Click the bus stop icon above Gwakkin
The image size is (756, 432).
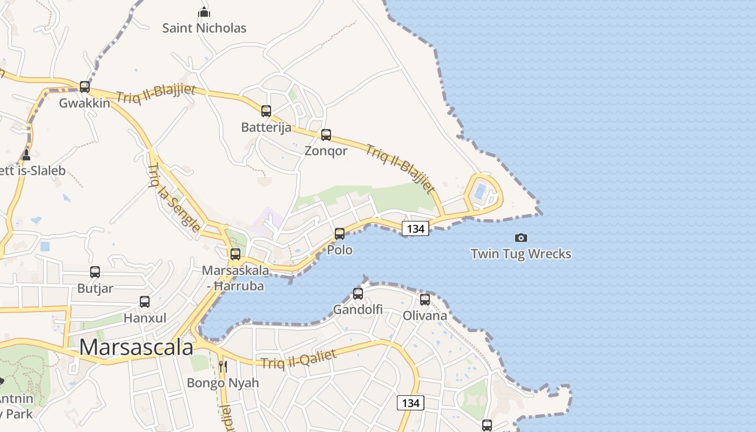(85, 86)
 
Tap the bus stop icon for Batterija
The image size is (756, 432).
(266, 111)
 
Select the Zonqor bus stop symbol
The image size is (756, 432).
(326, 135)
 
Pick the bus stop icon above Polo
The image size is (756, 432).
(340, 234)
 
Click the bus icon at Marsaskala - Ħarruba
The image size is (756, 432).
(235, 254)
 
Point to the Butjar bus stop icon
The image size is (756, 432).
(95, 272)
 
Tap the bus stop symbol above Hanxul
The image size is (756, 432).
(145, 302)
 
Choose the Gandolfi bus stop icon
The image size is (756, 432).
(358, 294)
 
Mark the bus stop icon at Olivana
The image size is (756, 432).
(425, 300)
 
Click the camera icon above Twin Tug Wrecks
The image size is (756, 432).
(521, 238)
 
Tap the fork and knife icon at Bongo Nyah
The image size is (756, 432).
(222, 367)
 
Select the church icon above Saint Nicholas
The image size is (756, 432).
(204, 11)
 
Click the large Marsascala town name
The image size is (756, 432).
(136, 347)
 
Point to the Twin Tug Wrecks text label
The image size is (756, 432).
(521, 254)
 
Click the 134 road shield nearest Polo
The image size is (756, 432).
(415, 228)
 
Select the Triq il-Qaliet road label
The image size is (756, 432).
(299, 359)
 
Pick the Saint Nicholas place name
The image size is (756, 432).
(204, 28)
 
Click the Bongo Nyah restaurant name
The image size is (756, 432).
(223, 383)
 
